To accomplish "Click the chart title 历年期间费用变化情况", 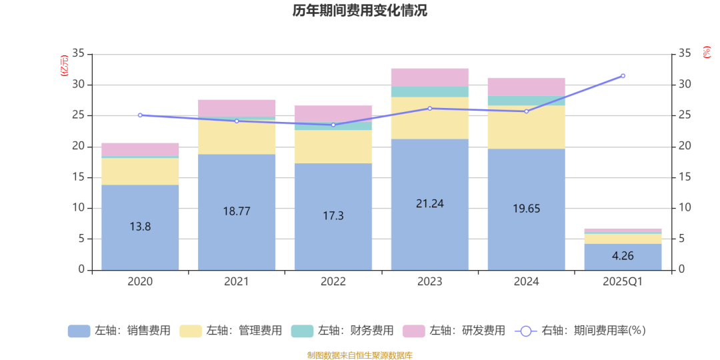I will (360, 11).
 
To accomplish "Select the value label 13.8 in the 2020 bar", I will (140, 227).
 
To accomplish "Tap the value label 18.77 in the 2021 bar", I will (237, 211).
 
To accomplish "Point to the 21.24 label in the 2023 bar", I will (430, 204).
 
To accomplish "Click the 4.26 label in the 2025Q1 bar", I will (623, 256).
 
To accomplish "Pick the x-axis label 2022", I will (333, 282).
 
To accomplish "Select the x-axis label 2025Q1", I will (623, 282).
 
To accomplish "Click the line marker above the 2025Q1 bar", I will (623, 76).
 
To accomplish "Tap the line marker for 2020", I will (140, 115).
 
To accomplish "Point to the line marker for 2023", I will (430, 108).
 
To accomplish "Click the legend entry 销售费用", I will (120, 331).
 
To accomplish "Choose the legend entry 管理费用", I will (231, 331).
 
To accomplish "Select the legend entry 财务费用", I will (343, 331).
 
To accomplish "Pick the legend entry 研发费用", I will (455, 331).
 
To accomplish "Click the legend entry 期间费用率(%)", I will (580, 331).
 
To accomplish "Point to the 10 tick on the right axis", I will (685, 208).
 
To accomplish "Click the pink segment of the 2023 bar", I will (430, 77).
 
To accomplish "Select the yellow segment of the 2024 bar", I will (526, 127).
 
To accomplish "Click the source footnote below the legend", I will (360, 355).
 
